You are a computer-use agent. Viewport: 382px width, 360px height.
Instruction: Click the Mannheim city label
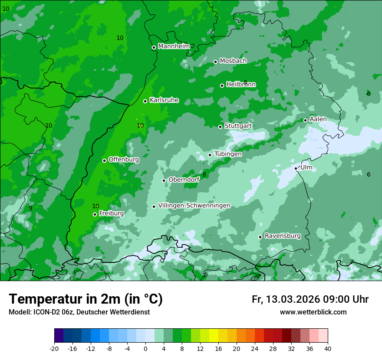pyautogui.click(x=174, y=46)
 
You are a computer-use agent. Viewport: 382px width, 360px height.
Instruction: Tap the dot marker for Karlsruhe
pyautogui.click(x=145, y=101)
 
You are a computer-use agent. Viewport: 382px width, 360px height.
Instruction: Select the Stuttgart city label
pyautogui.click(x=238, y=126)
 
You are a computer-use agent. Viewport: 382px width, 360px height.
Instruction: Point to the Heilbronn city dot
pyautogui.click(x=222, y=85)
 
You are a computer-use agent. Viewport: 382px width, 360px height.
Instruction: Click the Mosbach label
pyautogui.click(x=233, y=61)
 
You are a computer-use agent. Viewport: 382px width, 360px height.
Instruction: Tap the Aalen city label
pyautogui.click(x=318, y=119)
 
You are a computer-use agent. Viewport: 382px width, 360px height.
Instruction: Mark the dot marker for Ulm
pyautogui.click(x=296, y=168)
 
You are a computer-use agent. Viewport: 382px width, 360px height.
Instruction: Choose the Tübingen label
pyautogui.click(x=228, y=154)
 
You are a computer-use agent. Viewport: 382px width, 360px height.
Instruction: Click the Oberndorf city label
pyautogui.click(x=184, y=180)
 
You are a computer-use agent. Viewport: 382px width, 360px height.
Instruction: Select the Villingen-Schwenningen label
pyautogui.click(x=194, y=206)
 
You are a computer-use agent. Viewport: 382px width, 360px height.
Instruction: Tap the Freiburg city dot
pyautogui.click(x=95, y=214)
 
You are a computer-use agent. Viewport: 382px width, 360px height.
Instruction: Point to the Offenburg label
pyautogui.click(x=124, y=160)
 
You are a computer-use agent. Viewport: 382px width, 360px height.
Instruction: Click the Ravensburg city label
pyautogui.click(x=283, y=236)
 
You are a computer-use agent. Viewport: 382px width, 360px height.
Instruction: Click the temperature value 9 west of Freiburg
pyautogui.click(x=30, y=208)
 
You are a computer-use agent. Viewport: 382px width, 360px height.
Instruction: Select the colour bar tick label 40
pyautogui.click(x=328, y=348)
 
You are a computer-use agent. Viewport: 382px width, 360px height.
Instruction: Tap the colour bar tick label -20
pyautogui.click(x=54, y=348)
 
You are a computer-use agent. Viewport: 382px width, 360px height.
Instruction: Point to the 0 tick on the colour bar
pyautogui.click(x=145, y=348)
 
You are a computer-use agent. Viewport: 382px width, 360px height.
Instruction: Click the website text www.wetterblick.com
pyautogui.click(x=313, y=312)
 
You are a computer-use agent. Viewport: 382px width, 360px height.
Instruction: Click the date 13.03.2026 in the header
pyautogui.click(x=293, y=299)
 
